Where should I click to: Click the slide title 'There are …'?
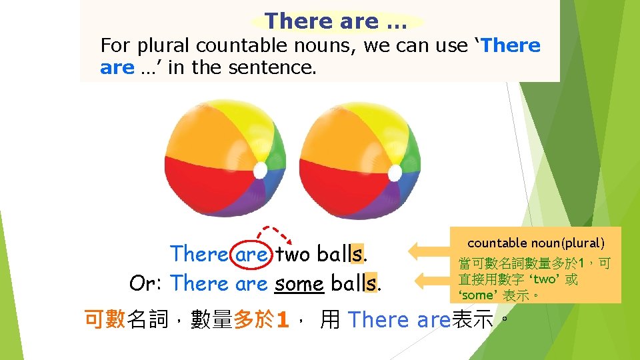[337, 21]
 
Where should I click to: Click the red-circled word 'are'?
[251, 254]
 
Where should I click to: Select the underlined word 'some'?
[299, 283]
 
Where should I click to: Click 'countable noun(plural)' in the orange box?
[536, 243]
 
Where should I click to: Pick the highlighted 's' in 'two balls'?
[359, 254]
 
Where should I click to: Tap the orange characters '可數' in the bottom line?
[105, 319]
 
